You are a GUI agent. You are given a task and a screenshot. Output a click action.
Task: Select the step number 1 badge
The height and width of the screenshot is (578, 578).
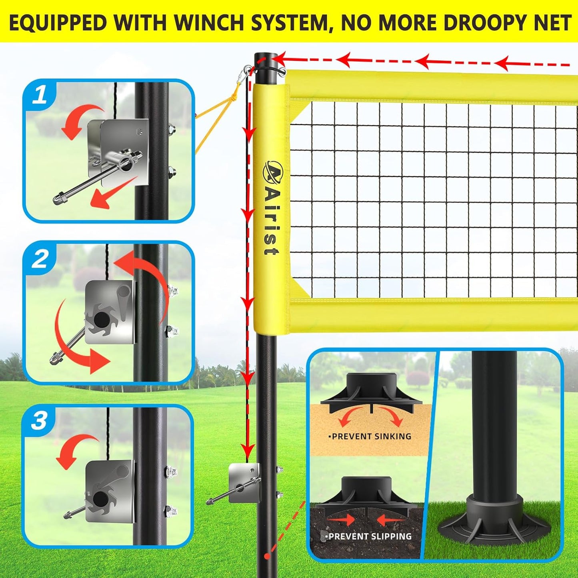(x=40, y=96)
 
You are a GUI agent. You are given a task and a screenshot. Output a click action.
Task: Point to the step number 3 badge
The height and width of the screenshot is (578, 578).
(x=39, y=421)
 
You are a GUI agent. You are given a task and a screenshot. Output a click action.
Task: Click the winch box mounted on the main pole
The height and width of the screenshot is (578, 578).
(x=243, y=482)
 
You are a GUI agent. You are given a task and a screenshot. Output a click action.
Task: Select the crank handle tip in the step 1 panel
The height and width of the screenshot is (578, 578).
(x=58, y=198)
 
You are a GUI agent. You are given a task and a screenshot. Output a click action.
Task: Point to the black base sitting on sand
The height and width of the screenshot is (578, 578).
(x=371, y=394)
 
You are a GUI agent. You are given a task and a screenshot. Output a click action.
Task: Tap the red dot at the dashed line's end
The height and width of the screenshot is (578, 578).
(x=267, y=556)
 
